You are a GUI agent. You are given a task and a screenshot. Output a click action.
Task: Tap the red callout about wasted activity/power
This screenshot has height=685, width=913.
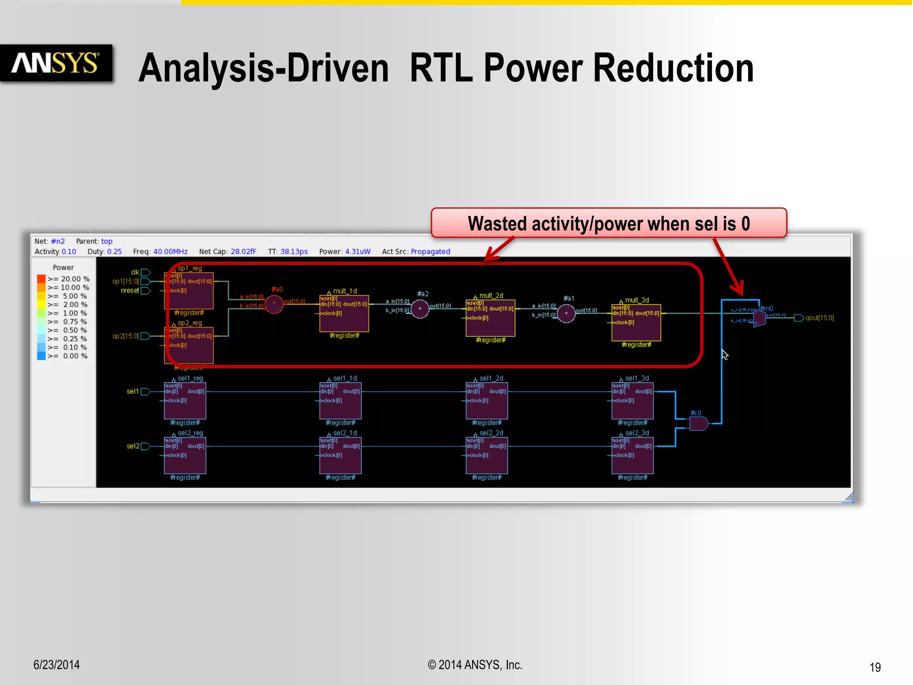point(609,223)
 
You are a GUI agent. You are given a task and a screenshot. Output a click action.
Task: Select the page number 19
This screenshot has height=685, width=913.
point(875,667)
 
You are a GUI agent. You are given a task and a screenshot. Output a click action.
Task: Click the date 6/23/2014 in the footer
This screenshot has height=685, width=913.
point(57,664)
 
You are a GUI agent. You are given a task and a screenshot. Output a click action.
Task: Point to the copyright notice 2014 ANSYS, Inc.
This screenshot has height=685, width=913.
point(475,664)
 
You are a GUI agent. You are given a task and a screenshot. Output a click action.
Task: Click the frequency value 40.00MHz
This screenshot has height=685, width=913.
point(170,252)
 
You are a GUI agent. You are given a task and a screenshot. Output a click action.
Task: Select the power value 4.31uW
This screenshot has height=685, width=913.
point(358,252)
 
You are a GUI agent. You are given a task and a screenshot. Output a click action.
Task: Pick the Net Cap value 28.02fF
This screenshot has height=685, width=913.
point(243,252)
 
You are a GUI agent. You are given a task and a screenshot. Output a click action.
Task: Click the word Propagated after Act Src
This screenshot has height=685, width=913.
point(430,252)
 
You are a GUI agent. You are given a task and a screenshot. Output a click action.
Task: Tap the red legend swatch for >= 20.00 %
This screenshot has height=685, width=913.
point(41,279)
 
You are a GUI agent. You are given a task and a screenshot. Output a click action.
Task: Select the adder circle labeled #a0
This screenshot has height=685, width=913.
point(274,304)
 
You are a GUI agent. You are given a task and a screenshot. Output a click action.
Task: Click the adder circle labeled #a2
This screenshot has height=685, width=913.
point(419,309)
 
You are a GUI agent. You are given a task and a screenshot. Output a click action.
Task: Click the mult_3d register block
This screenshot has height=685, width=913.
point(636,322)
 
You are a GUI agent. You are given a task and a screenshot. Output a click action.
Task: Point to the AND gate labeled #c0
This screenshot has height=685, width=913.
point(698,423)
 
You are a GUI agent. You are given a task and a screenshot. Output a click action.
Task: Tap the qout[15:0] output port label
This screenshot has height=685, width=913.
point(819,318)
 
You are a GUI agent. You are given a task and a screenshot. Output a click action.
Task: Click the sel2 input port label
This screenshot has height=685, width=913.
point(132,446)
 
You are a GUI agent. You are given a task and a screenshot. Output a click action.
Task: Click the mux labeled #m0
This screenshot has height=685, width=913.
point(759,318)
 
